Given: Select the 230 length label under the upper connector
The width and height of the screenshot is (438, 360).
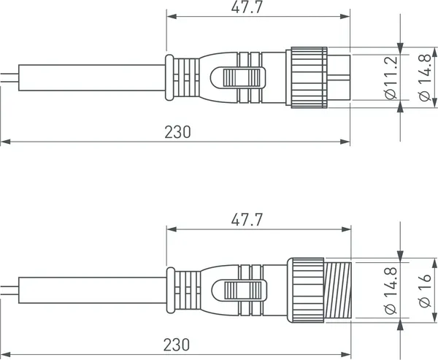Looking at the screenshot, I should click(x=177, y=131).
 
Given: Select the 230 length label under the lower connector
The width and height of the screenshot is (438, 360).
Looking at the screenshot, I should click(x=177, y=343).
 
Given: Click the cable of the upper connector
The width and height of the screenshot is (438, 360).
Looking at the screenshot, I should click(x=88, y=76).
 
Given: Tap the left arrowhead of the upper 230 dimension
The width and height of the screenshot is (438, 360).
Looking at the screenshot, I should click(x=4, y=141).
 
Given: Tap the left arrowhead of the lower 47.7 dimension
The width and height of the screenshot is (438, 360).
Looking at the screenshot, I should click(x=170, y=229).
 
